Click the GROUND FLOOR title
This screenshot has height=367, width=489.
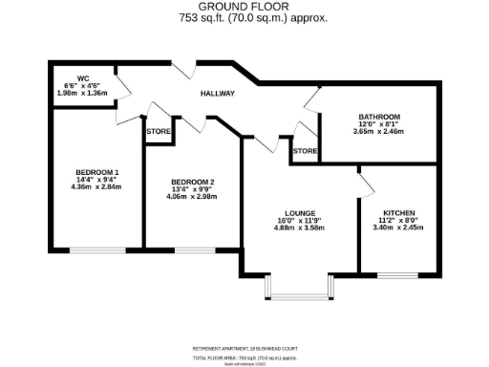(x=244, y=8)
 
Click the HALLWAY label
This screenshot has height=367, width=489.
(x=218, y=94)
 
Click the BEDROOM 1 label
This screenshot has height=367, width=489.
(x=96, y=173)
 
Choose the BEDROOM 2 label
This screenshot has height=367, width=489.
(x=193, y=182)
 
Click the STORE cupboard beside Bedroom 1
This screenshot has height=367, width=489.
(x=159, y=132)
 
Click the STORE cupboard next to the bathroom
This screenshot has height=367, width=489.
(x=305, y=151)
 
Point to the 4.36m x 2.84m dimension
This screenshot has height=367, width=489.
(x=96, y=188)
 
